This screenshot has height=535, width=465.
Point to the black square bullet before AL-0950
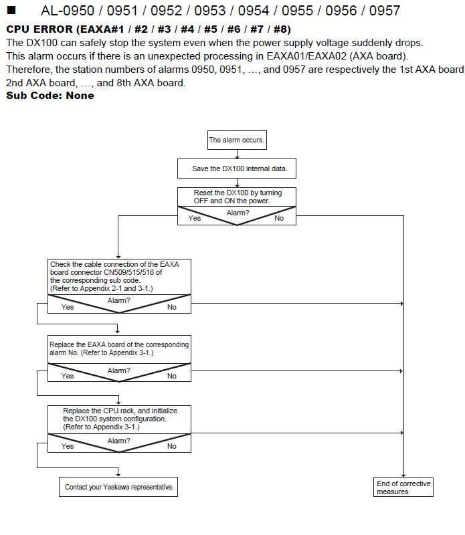click(11, 10)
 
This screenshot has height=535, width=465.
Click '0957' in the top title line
click(385, 11)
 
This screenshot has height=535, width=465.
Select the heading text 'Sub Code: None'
click(50, 96)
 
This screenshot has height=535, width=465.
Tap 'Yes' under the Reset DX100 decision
click(194, 219)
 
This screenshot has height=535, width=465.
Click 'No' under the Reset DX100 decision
click(279, 219)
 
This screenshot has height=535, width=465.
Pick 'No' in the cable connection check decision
click(172, 307)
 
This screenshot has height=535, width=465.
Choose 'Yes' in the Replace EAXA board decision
click(68, 376)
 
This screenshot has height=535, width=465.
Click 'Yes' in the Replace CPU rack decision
click(68, 446)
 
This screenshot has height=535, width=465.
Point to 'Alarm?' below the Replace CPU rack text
click(119, 441)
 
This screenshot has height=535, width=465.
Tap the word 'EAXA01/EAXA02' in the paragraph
click(306, 56)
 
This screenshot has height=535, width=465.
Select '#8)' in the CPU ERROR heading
click(282, 29)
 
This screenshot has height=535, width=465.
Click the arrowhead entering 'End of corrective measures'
click(403, 475)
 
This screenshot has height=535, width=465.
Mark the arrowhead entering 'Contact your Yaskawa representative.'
click(118, 475)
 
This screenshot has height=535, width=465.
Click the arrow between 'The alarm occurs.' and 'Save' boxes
click(237, 154)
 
